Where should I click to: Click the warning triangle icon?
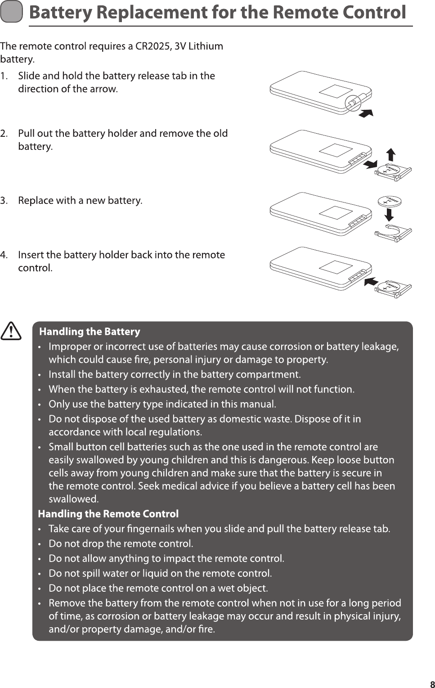[x=11, y=332]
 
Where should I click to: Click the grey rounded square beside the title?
[x=11, y=13]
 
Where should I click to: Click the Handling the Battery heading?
[x=90, y=332]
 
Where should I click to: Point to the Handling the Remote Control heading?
[x=108, y=514]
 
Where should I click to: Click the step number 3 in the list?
[x=4, y=201]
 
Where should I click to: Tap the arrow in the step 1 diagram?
[x=366, y=112]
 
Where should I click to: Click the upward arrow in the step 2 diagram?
[x=391, y=154]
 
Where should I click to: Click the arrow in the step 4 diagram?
[x=370, y=281]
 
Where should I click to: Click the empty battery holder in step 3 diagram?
[x=393, y=233]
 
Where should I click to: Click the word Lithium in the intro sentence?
[x=206, y=46]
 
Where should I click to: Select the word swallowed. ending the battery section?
[x=74, y=499]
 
